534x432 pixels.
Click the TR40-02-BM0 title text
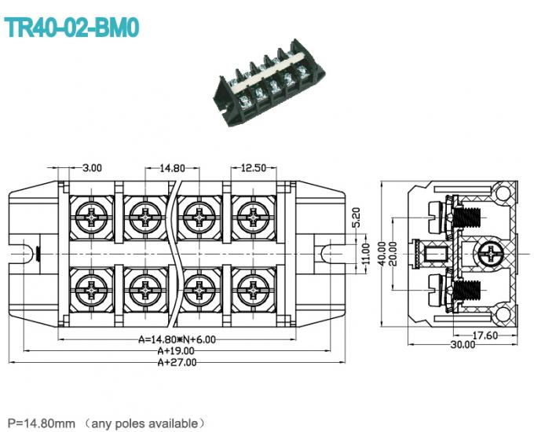tap(72, 27)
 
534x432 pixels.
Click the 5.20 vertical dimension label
tap(356, 218)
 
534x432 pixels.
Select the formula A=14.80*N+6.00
tap(177, 339)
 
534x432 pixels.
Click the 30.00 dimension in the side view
tap(463, 344)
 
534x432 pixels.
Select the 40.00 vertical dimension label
tap(382, 253)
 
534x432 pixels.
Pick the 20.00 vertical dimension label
tap(392, 253)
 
